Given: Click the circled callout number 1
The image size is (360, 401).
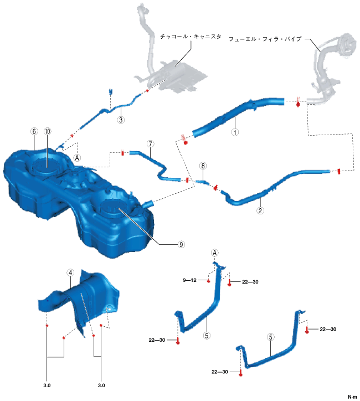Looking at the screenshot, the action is tap(235, 132).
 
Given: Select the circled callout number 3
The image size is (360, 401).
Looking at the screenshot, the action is tap(121, 119).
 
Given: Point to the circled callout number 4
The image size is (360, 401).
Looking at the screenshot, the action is tap(70, 273).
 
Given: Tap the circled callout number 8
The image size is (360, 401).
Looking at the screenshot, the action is tap(203, 166).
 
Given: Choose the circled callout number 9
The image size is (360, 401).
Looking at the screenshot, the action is tap(181, 243).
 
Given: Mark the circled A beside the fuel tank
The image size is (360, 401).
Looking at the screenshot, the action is tap(77, 158).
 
